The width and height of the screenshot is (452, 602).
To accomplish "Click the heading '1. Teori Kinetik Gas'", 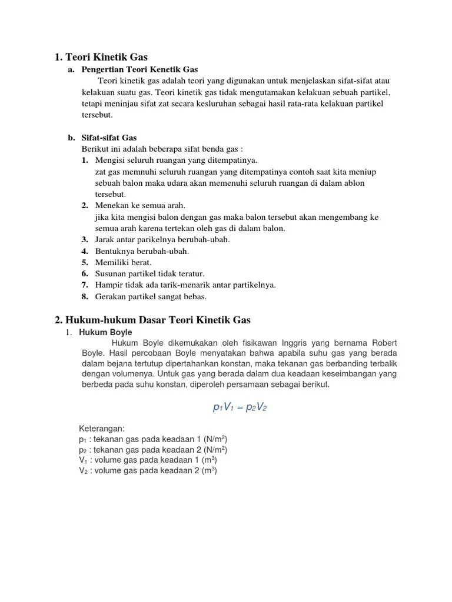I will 101,57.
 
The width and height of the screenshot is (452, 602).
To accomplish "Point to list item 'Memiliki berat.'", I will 124,262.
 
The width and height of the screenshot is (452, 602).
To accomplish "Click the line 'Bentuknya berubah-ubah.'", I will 142,251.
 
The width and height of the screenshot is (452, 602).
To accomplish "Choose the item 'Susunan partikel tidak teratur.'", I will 150,273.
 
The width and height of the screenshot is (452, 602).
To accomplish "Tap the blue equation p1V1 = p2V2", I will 240,407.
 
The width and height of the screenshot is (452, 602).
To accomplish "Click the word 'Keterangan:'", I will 102,428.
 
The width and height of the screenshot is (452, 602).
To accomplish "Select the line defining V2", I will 148,471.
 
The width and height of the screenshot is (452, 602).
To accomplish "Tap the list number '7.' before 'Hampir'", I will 85,285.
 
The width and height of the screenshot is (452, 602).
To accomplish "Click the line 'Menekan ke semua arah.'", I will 140,206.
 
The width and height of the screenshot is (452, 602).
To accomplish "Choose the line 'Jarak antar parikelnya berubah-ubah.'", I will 162,240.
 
